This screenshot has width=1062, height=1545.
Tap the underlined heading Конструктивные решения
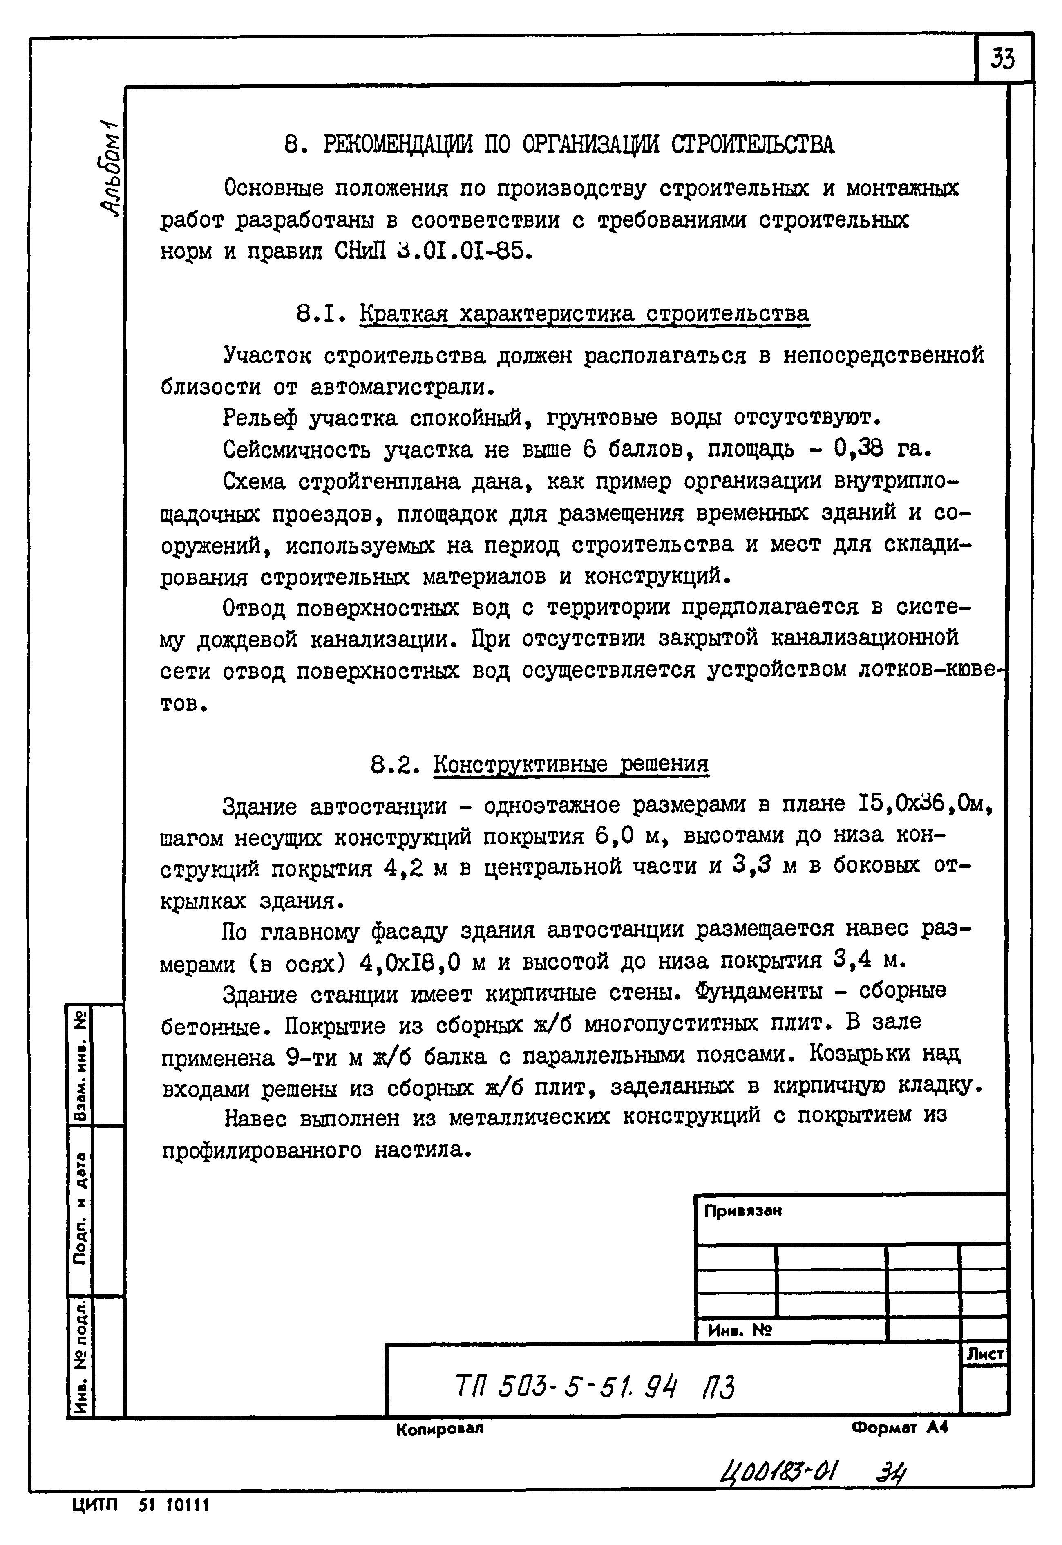pyautogui.click(x=570, y=764)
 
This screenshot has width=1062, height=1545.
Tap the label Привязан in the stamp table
pyautogui.click(x=742, y=1211)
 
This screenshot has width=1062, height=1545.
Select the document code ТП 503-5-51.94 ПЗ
pyautogui.click(x=595, y=1388)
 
